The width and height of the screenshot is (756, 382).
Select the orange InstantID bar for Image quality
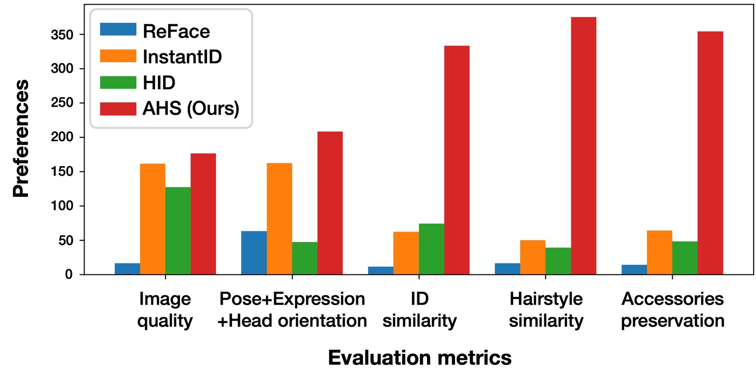[153, 219]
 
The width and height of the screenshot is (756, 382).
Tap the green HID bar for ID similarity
[431, 249]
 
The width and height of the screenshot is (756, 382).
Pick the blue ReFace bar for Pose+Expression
[254, 253]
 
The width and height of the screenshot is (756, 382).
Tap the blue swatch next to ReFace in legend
[118, 30]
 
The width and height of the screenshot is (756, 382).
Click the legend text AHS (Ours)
[191, 109]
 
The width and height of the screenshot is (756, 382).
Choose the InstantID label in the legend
[182, 57]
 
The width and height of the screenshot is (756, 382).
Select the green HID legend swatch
[118, 83]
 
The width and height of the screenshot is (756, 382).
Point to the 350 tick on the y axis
[62, 34]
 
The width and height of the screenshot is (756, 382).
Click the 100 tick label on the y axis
[62, 206]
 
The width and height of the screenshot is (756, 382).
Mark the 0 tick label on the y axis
[69, 274]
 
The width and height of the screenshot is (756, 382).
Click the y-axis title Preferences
[21, 138]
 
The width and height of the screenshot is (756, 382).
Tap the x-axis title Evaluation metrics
[419, 357]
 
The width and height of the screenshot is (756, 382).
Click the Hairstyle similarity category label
[546, 310]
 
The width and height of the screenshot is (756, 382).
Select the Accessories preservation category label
[672, 310]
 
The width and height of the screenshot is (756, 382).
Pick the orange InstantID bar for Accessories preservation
[659, 252]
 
